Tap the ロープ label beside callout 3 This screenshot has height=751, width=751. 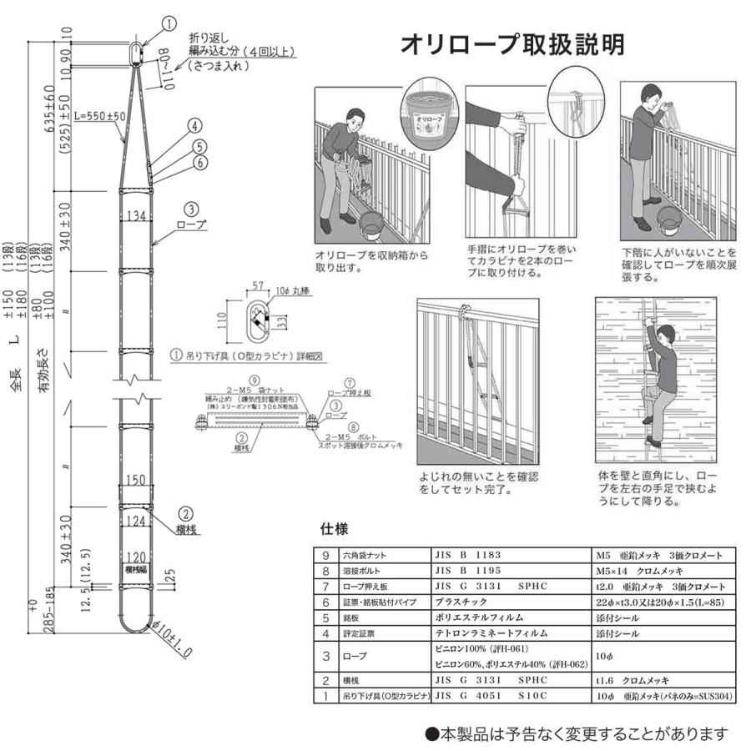tap(194, 224)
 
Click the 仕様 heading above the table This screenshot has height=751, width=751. tap(335, 529)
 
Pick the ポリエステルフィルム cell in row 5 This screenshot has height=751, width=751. tap(480, 618)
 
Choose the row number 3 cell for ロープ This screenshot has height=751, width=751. tap(325, 656)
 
